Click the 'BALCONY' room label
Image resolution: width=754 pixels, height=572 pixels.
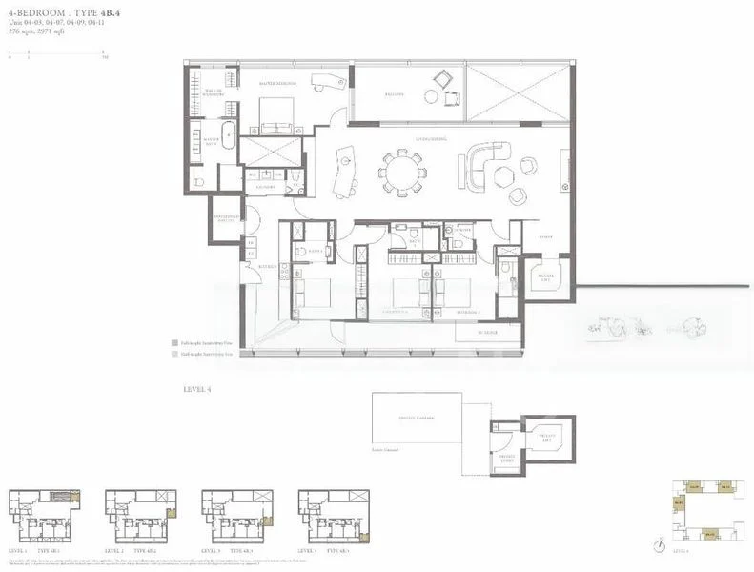pyautogui.click(x=395, y=94)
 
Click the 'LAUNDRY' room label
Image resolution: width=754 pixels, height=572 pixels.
pyautogui.click(x=267, y=188)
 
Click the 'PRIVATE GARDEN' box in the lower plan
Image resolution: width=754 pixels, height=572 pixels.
pyautogui.click(x=417, y=417)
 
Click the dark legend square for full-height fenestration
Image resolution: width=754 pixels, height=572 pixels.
pyautogui.click(x=174, y=340)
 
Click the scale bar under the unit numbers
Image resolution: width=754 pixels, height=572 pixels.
pyautogui.click(x=57, y=53)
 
